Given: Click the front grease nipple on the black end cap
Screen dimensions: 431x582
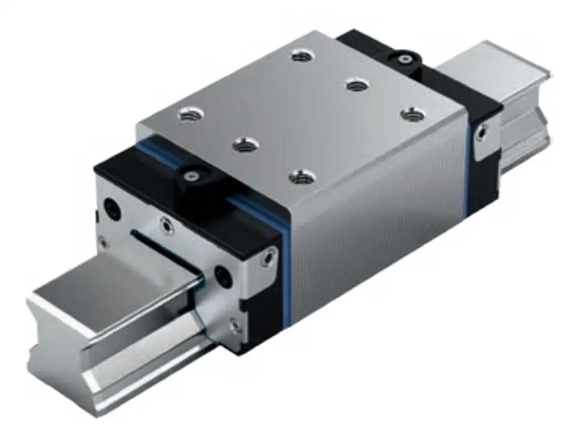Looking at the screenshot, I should tap(191, 176).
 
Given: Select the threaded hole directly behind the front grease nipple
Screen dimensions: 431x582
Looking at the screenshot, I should tap(245, 144).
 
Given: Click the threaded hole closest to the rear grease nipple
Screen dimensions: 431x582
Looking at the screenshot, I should tap(357, 85).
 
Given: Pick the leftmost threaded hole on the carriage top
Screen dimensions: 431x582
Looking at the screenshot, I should tap(190, 113).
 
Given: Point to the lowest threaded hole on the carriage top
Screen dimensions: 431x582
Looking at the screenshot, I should tap(302, 177).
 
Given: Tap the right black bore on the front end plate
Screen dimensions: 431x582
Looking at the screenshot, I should tap(223, 276).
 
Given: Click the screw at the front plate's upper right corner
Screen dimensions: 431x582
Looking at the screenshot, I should tap(266, 261).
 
